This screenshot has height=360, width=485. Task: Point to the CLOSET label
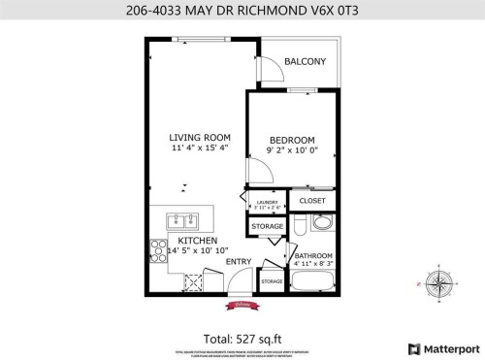pyautogui.click(x=312, y=201)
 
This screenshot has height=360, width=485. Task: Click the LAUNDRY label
pyautogui.click(x=267, y=202)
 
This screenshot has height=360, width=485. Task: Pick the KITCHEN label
pyautogui.click(x=197, y=240)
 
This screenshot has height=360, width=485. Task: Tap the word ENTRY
pyautogui.click(x=239, y=262)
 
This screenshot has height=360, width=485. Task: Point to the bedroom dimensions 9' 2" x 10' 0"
pyautogui.click(x=291, y=151)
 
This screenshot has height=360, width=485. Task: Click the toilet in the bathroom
pyautogui.click(x=302, y=226)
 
